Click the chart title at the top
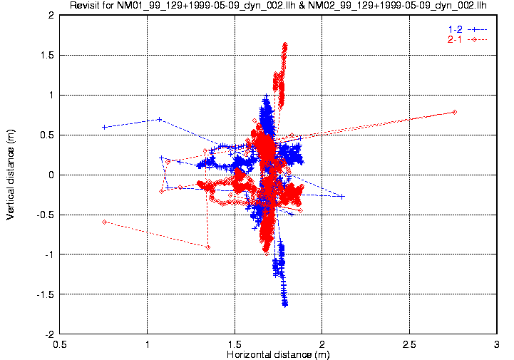(278, 6)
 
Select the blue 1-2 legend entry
(463, 29)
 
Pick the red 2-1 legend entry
(463, 39)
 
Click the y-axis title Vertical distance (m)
(11, 174)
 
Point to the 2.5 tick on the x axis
(409, 343)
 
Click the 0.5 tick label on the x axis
(60, 343)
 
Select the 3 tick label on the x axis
(496, 343)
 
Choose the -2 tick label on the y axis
(47, 334)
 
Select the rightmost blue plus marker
(342, 196)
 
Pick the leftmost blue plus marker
(104, 127)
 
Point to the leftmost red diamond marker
(104, 222)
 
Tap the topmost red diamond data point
(285, 44)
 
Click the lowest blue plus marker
(285, 304)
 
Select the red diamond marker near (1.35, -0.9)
(207, 247)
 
